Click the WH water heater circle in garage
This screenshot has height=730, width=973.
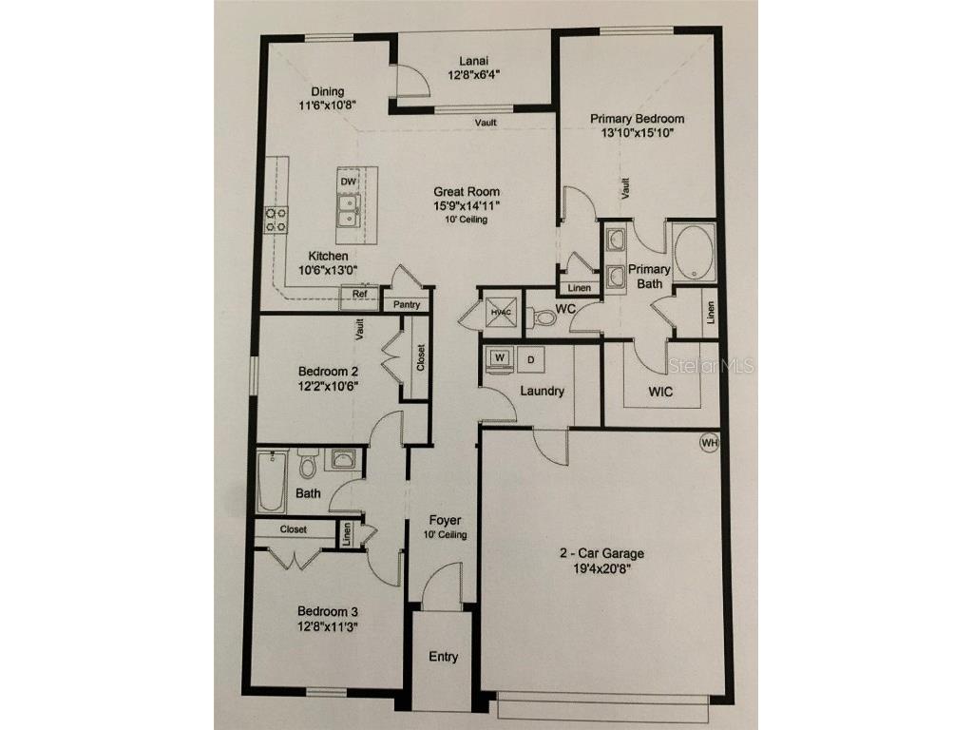tap(709, 442)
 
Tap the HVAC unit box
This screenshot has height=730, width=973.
tap(501, 311)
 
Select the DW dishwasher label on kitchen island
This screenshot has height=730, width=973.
tap(348, 181)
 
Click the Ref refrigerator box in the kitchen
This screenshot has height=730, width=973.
tap(360, 295)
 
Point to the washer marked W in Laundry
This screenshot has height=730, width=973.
tap(499, 358)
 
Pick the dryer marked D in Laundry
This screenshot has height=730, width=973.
tap(532, 359)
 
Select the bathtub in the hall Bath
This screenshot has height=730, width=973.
tap(271, 481)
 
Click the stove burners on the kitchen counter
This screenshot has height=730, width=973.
tap(276, 221)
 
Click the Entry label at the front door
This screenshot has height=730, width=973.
tap(443, 657)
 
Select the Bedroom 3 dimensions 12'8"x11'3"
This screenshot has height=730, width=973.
tap(327, 626)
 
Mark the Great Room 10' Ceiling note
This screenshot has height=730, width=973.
tap(467, 220)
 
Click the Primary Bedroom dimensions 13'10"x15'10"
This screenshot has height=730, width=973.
tap(637, 134)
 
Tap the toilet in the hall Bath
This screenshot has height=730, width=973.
tap(307, 465)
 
